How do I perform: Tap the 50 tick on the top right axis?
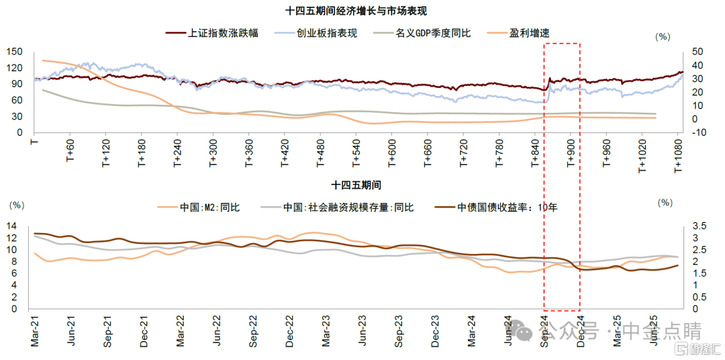tap(694, 52)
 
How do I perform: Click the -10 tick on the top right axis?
tap(695, 132)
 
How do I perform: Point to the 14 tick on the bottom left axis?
tap(13, 226)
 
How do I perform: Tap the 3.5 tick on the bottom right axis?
tap(698, 226)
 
